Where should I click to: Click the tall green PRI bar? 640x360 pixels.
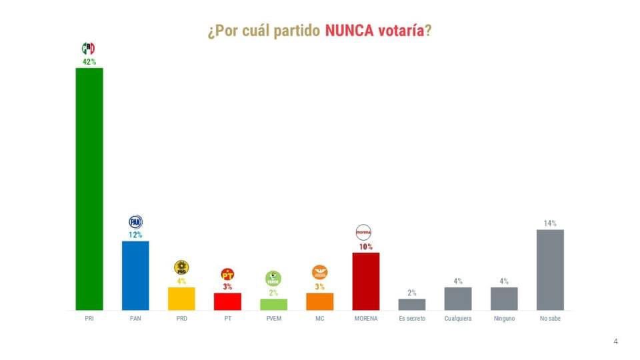[x=89, y=189]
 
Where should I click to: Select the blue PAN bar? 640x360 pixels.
[x=135, y=275]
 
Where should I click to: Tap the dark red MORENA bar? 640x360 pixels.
[x=365, y=281]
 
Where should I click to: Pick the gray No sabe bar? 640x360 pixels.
[x=550, y=269]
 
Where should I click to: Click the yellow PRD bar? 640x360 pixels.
[x=181, y=298]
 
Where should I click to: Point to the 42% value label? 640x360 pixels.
[x=89, y=62]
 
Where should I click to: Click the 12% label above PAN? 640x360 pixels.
[x=135, y=235]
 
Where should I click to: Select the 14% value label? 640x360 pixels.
[x=550, y=223]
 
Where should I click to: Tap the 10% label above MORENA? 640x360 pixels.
[x=365, y=247]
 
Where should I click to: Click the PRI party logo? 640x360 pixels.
[x=88, y=49]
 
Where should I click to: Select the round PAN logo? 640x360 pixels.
[x=135, y=222]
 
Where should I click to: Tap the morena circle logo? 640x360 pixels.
[x=364, y=232]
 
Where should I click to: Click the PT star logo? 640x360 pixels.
[x=227, y=274]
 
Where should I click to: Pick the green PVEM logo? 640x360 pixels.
[x=273, y=278]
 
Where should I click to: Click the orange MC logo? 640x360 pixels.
[x=319, y=272]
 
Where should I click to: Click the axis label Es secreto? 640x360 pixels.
[x=411, y=319]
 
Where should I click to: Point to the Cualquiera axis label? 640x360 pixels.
[x=458, y=319]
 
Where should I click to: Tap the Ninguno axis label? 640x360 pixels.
[x=504, y=319]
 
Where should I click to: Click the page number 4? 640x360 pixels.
[x=615, y=341]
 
